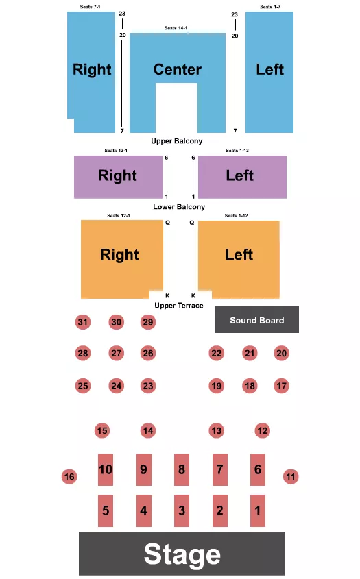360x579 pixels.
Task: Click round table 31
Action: click(x=83, y=322)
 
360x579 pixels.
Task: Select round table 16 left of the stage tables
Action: click(x=69, y=476)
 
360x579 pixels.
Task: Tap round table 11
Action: click(x=291, y=476)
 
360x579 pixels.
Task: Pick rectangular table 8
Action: click(x=181, y=469)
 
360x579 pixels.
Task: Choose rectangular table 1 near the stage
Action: click(x=258, y=510)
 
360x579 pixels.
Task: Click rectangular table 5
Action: click(x=106, y=510)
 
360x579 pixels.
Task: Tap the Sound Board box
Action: click(x=257, y=320)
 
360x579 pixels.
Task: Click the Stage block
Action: click(x=182, y=554)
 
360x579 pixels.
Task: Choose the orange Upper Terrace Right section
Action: click(x=120, y=255)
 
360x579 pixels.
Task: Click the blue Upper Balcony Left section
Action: click(x=269, y=70)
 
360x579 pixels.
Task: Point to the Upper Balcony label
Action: click(x=177, y=141)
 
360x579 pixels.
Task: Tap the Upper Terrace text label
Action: click(x=178, y=305)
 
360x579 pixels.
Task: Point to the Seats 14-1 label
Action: click(x=176, y=28)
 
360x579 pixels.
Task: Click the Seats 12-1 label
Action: click(x=118, y=216)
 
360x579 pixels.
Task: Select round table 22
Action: click(x=217, y=353)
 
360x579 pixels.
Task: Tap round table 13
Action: click(x=217, y=430)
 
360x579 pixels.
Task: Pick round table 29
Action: click(x=148, y=322)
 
